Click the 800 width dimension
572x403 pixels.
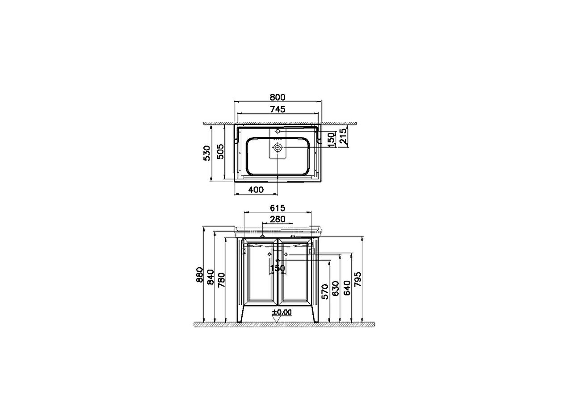(x=278, y=97)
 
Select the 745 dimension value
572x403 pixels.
(x=278, y=109)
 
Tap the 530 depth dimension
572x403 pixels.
(x=207, y=153)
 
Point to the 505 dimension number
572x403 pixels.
(x=220, y=152)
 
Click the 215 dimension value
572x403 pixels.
(x=344, y=135)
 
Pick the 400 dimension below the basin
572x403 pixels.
(x=256, y=190)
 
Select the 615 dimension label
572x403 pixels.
(x=278, y=208)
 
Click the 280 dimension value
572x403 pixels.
(x=278, y=219)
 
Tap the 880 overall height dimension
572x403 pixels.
(x=200, y=275)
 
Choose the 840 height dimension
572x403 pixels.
(x=211, y=277)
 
